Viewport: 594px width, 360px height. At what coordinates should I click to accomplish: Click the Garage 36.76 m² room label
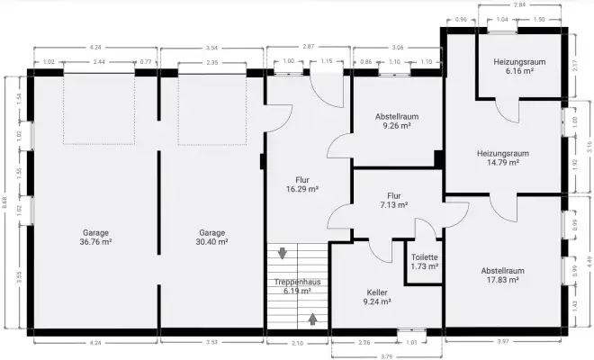[95, 237]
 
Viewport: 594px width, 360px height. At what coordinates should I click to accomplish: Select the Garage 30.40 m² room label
[212, 237]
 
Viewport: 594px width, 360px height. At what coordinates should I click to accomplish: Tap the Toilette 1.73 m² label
[425, 261]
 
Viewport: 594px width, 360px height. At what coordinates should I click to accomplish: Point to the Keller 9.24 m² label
[378, 297]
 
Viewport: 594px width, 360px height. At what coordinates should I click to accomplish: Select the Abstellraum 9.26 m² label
[397, 121]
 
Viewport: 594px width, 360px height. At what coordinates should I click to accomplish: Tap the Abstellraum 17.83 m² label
[502, 274]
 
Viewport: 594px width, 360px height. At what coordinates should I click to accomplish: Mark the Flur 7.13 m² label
[393, 200]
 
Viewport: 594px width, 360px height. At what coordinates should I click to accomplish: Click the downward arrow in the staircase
[283, 254]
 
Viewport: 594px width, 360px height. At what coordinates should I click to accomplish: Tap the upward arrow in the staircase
[312, 317]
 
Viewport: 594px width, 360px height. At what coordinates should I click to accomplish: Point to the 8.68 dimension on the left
[6, 206]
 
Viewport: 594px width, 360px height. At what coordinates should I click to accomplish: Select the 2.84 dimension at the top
[515, 5]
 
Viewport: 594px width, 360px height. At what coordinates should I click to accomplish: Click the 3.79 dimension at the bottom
[386, 355]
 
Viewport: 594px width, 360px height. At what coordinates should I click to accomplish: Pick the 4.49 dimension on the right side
[587, 262]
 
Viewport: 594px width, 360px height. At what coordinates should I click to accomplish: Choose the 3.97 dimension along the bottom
[504, 342]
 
